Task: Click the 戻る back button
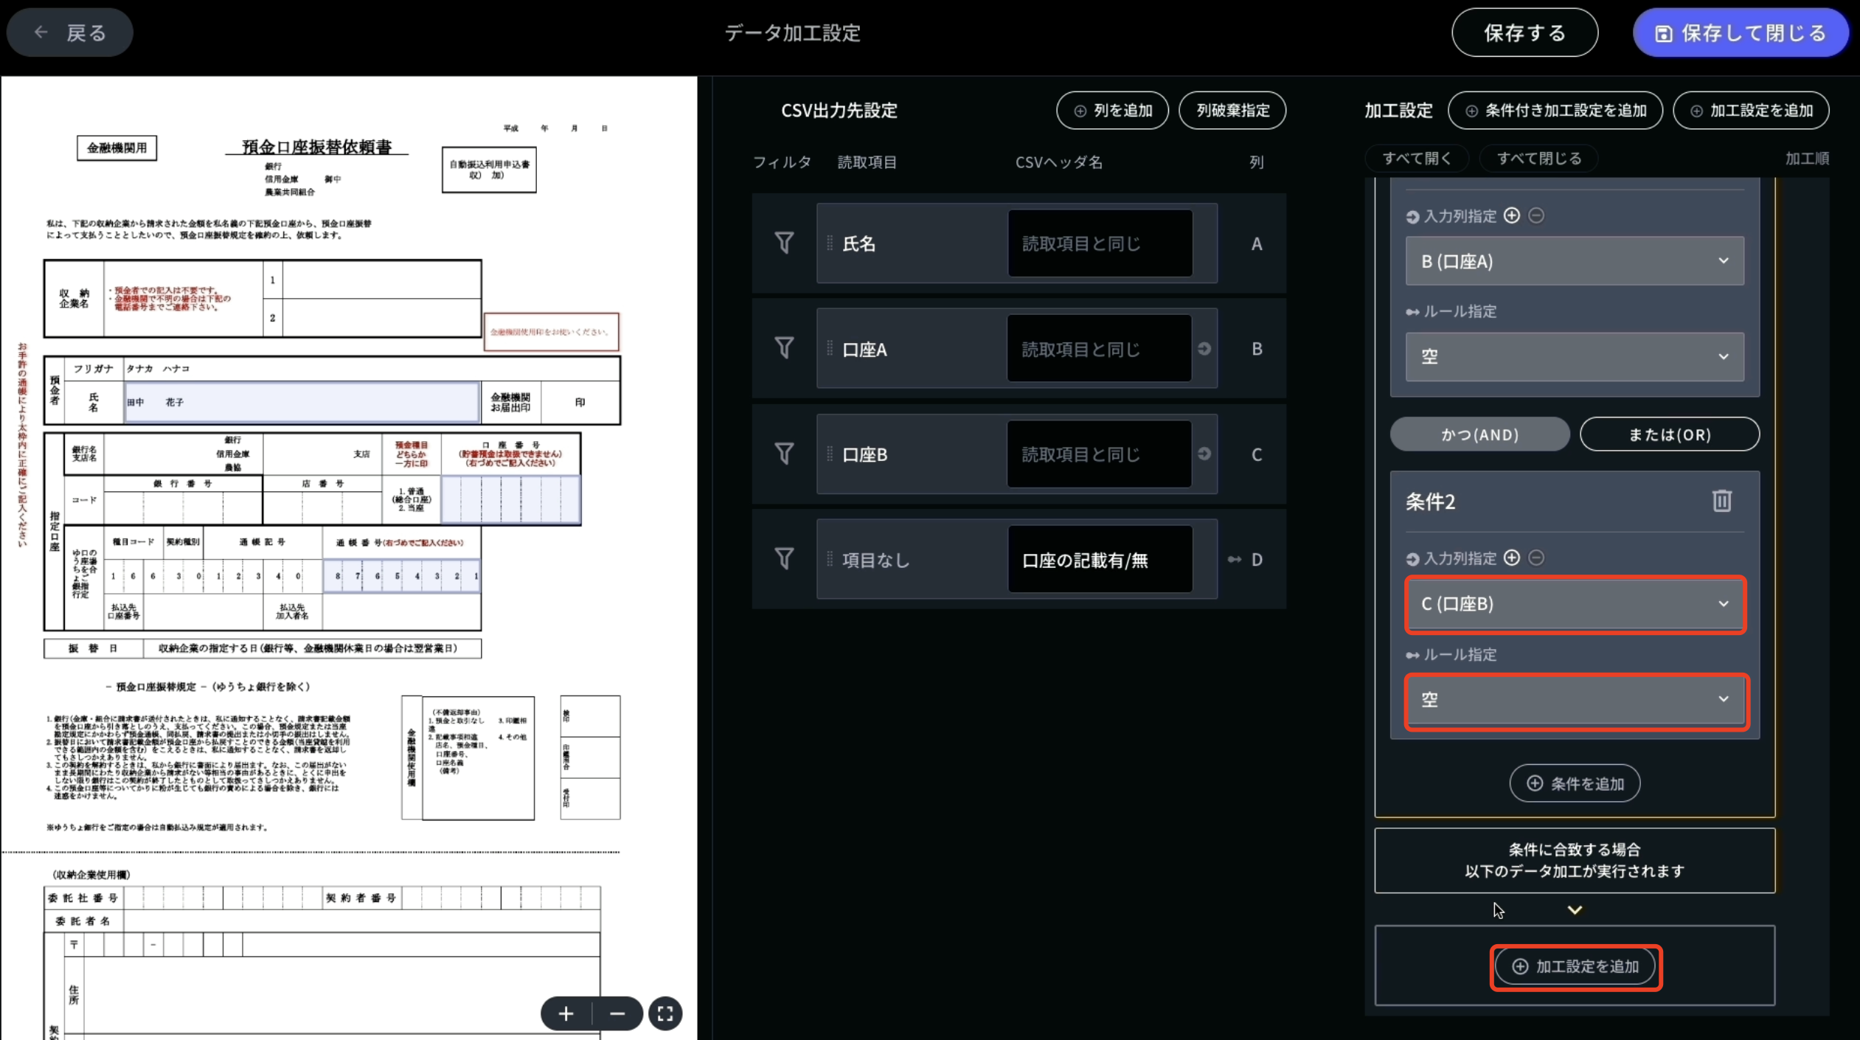[x=70, y=32]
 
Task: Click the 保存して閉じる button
[x=1741, y=33]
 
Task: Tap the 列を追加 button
[x=1112, y=111]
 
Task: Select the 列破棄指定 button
[x=1232, y=111]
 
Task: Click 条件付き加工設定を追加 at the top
[x=1555, y=111]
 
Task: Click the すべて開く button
[x=1416, y=159]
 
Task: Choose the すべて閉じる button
[x=1539, y=159]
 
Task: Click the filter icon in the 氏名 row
[x=784, y=243]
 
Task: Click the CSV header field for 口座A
[x=1099, y=349]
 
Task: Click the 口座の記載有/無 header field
[x=1099, y=560]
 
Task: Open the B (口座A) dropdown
[x=1575, y=261]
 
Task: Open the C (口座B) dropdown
[x=1575, y=604]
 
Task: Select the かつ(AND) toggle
[x=1479, y=434]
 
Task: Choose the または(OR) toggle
[x=1669, y=434]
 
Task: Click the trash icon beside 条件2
[x=1721, y=501]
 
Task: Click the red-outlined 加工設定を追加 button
[x=1575, y=966]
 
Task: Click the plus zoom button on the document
[x=566, y=1014]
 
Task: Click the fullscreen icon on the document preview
[x=665, y=1014]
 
